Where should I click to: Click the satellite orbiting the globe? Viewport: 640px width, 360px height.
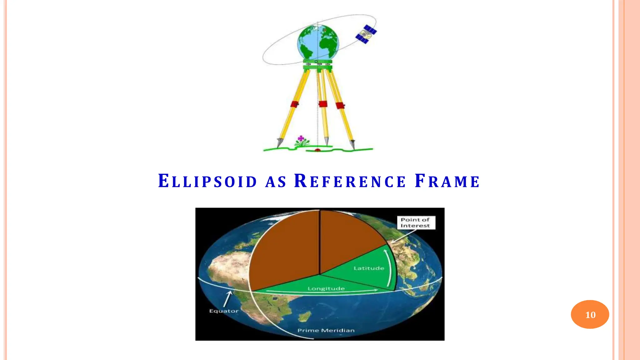coord(366,34)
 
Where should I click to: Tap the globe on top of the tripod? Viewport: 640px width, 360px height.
coord(318,42)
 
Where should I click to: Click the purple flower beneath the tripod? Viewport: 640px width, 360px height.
coord(301,138)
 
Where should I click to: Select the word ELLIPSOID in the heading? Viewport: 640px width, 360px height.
coord(207,182)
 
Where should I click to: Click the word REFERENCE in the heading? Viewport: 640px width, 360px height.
coord(350,182)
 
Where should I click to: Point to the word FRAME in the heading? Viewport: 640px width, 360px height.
coord(447,182)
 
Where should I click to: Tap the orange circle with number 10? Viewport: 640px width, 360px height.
coord(590,314)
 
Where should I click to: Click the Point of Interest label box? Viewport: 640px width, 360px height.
coord(415,223)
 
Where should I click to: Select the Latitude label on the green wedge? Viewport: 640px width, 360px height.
coord(369,268)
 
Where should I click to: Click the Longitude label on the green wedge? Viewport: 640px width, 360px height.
coord(326,288)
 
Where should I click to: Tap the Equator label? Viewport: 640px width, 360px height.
coord(224,311)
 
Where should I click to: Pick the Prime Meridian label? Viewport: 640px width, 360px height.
coord(326,330)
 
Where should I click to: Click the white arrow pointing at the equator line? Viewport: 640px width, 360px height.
coord(227,298)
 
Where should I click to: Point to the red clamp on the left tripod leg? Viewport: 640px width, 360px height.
coord(294,104)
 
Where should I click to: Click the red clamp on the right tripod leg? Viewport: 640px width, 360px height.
coord(340,105)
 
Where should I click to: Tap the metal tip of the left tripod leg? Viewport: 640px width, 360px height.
coord(279,143)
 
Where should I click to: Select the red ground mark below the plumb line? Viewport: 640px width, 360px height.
coord(318,150)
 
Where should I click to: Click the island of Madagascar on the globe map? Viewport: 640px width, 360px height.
coord(304,317)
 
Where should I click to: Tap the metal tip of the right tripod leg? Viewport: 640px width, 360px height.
coord(352,144)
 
